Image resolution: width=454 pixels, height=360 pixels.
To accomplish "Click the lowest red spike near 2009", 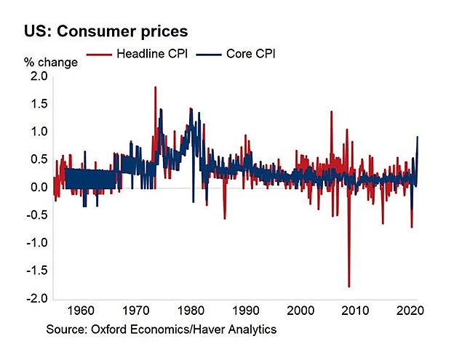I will pyautogui.click(x=349, y=287).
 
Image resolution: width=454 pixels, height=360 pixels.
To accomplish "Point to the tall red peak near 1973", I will pyautogui.click(x=156, y=87).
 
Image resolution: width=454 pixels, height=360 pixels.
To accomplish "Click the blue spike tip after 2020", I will pyautogui.click(x=418, y=137).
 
